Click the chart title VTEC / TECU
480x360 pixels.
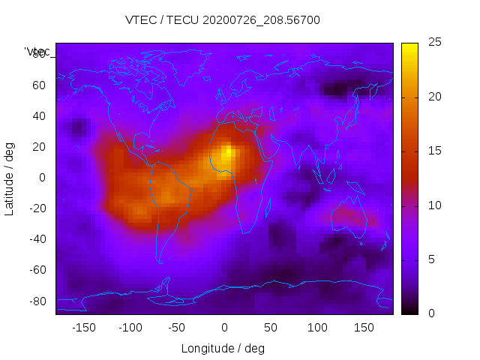tap(223, 20)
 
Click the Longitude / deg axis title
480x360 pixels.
tap(223, 348)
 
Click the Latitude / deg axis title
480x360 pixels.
tap(10, 178)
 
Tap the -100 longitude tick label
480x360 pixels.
tap(130, 328)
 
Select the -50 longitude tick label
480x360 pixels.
tap(177, 328)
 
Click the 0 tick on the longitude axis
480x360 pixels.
tap(224, 328)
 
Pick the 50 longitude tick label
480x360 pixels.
tap(271, 328)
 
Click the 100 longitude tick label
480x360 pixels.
tap(318, 328)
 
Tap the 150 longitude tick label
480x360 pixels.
tap(364, 328)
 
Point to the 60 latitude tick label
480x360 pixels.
tap(40, 85)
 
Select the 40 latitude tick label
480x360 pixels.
tap(40, 116)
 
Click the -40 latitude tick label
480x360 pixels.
tap(37, 239)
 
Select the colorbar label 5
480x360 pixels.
tap(430, 259)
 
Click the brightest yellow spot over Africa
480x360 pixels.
tap(228, 151)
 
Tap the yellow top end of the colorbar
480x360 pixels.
tap(409, 47)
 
